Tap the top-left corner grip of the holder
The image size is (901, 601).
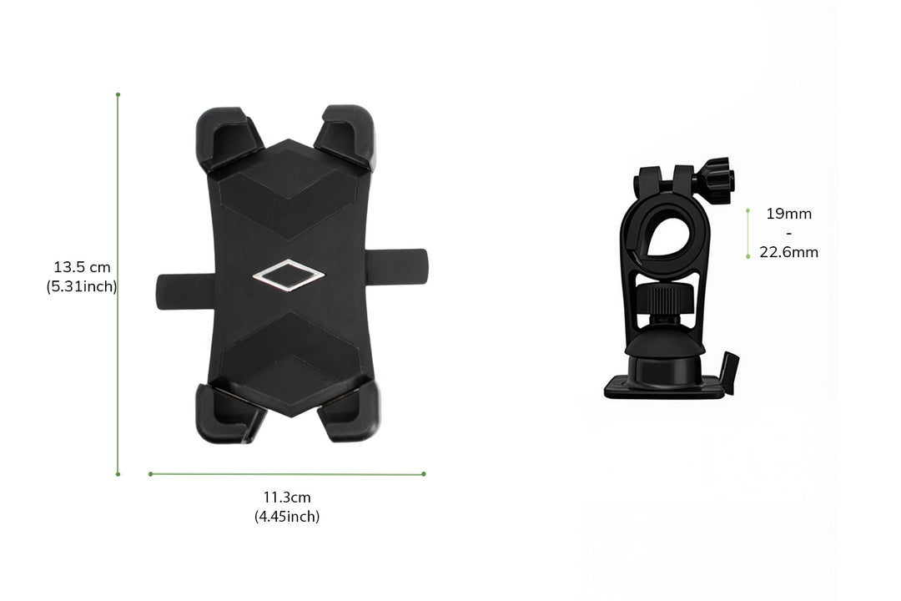(227, 138)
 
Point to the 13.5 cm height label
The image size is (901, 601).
(82, 267)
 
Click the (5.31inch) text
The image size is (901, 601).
(82, 286)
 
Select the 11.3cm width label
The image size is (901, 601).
(287, 497)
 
